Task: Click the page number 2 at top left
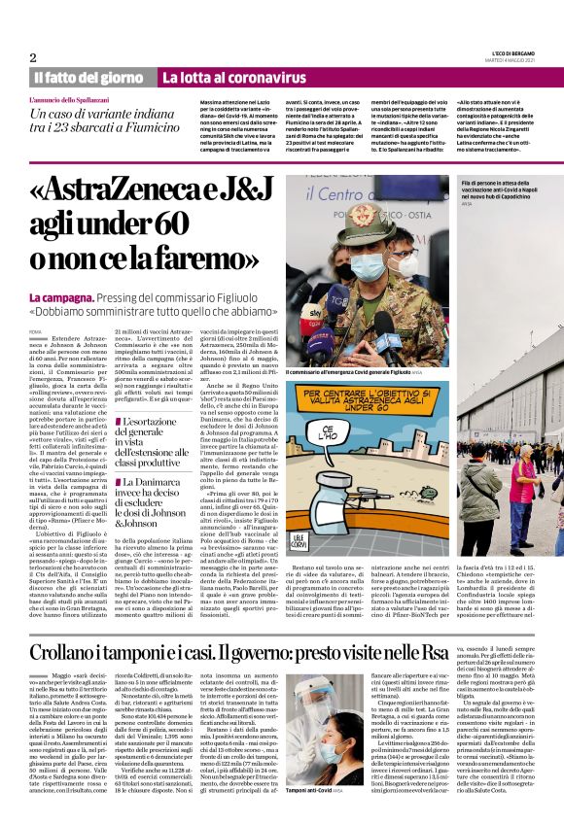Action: point(33,57)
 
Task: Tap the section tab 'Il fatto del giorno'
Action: point(88,77)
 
